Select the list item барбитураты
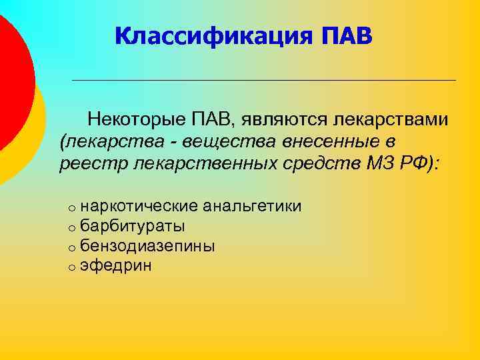(x=133, y=226)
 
